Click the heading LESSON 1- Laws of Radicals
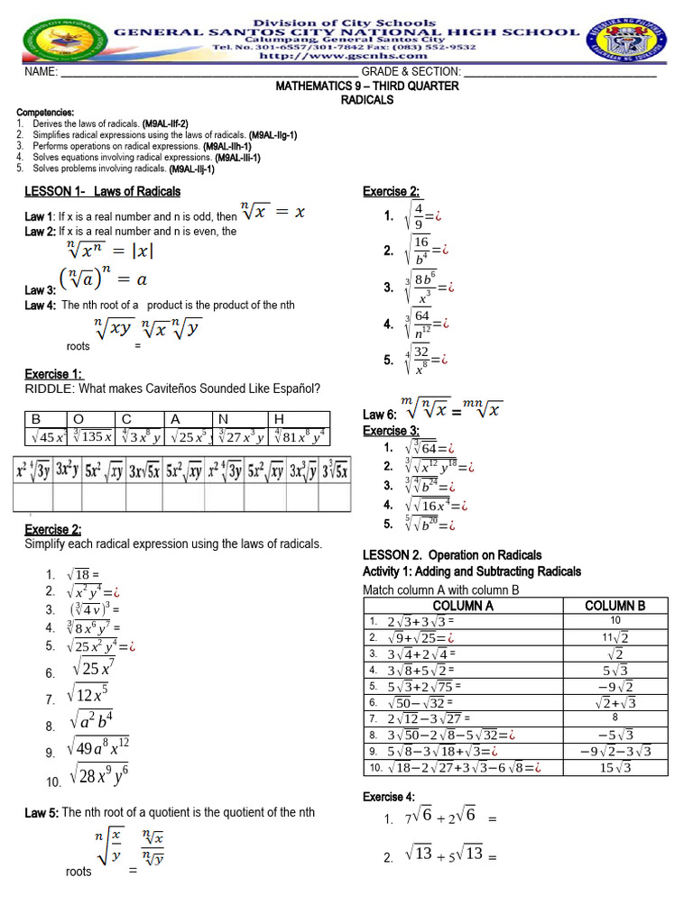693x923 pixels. click(x=102, y=191)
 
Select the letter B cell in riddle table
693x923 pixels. click(x=37, y=419)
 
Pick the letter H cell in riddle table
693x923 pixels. click(x=279, y=419)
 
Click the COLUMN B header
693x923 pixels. click(x=615, y=606)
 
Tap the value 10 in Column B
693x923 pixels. click(x=615, y=621)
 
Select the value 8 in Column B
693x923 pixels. click(x=615, y=718)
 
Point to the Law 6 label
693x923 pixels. click(x=374, y=415)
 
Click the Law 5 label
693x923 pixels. click(x=42, y=813)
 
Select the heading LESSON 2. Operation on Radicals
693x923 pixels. click(x=451, y=555)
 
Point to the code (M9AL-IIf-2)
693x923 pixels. click(x=165, y=123)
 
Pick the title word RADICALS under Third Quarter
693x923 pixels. click(x=366, y=100)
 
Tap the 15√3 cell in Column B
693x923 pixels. click(x=615, y=768)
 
